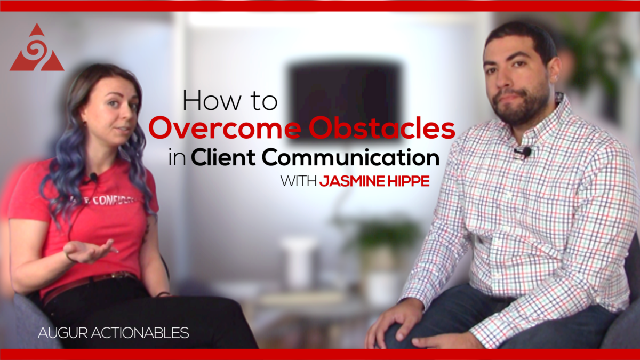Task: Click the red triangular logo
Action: coord(37,49)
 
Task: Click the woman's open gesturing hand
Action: coord(91,250)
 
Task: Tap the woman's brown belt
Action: coord(88,283)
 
